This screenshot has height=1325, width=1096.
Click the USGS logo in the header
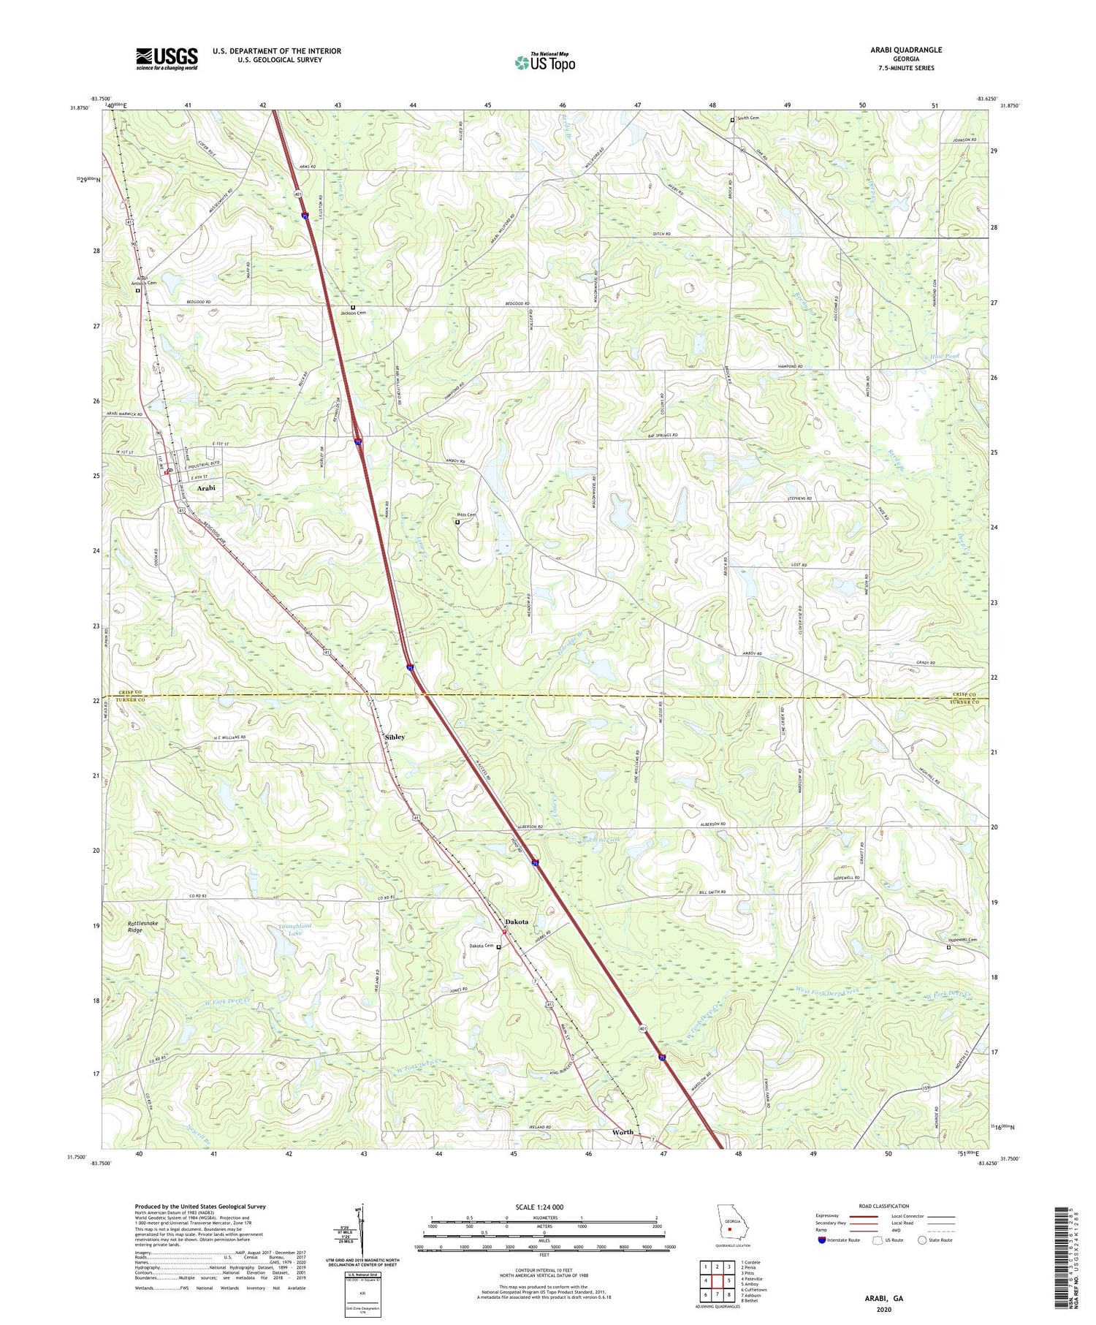click(167, 58)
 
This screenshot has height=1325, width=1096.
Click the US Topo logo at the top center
click(545, 62)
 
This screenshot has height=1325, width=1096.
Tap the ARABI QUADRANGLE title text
click(905, 50)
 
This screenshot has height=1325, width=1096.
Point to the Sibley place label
click(395, 737)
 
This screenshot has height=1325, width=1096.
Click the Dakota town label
click(517, 922)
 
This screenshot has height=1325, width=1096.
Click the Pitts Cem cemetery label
click(467, 515)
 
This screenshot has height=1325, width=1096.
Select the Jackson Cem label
click(353, 313)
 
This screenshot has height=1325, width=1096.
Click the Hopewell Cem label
click(963, 940)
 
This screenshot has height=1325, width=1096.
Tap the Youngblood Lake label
click(295, 930)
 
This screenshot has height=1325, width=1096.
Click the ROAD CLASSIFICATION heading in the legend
click(884, 1206)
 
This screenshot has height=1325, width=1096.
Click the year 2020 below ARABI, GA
click(885, 1310)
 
